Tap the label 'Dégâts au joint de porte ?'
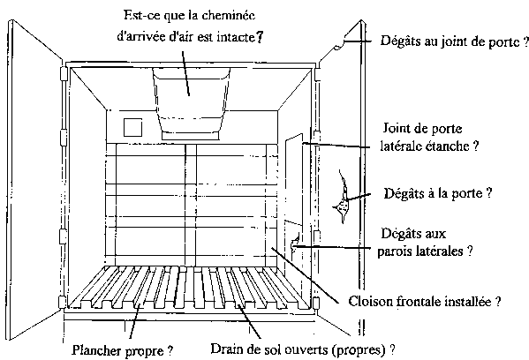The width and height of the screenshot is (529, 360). pyautogui.click(x=455, y=41)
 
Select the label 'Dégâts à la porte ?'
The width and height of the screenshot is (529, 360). pyautogui.click(x=438, y=193)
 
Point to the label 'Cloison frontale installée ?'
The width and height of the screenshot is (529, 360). pyautogui.click(x=425, y=301)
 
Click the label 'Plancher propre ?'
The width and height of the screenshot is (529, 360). pyautogui.click(x=123, y=350)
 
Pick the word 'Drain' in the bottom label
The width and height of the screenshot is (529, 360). pyautogui.click(x=224, y=349)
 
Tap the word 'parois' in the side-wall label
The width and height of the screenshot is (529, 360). pyautogui.click(x=394, y=251)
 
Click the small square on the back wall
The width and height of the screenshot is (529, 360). pyautogui.click(x=132, y=127)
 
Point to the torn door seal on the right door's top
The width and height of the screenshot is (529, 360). pyautogui.click(x=339, y=45)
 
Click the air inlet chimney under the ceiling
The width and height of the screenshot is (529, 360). pyautogui.click(x=192, y=103)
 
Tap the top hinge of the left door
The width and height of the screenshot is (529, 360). pyautogui.click(x=63, y=73)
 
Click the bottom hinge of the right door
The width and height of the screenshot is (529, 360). pyautogui.click(x=316, y=304)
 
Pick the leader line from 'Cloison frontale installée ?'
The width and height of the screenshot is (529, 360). pyautogui.click(x=305, y=275)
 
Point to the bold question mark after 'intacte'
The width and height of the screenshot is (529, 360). pyautogui.click(x=259, y=37)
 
